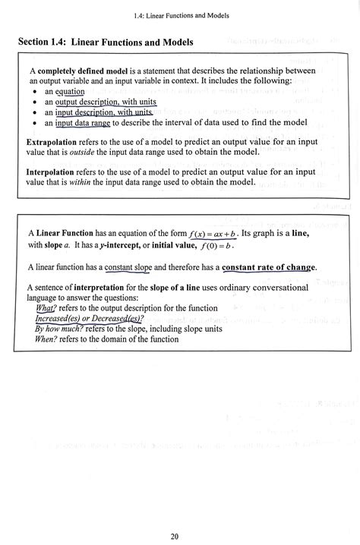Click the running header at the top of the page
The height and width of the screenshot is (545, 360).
click(180, 15)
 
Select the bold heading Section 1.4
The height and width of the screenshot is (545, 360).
click(106, 43)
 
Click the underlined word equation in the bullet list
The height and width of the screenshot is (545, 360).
click(70, 92)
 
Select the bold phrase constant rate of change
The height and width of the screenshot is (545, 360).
click(269, 267)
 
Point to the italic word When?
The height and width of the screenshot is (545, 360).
click(47, 339)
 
